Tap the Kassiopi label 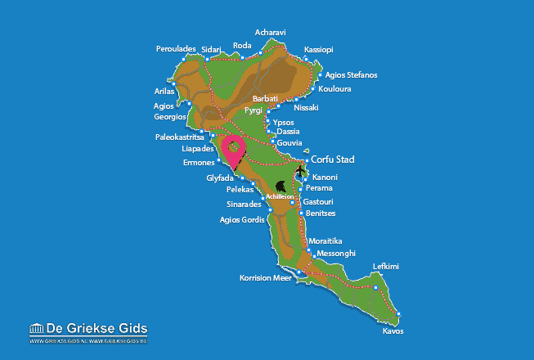click(318, 49)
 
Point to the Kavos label click(393, 331)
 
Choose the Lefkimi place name click(386, 267)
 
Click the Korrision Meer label click(265, 278)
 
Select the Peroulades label click(176, 49)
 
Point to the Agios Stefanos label click(351, 75)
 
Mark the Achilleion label click(279, 196)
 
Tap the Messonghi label click(336, 253)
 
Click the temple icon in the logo click(36, 330)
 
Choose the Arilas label click(164, 91)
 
